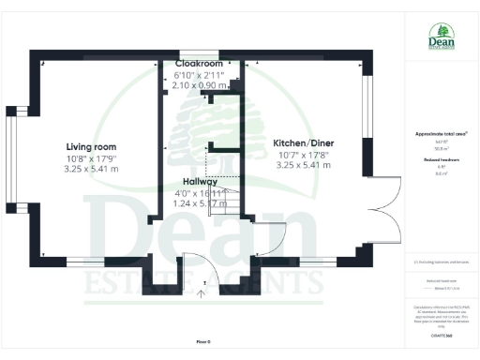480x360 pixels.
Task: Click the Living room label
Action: point(91,146)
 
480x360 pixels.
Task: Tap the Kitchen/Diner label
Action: point(305,142)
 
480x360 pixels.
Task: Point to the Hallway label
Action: point(202,183)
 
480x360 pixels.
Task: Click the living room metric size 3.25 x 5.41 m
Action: point(91,169)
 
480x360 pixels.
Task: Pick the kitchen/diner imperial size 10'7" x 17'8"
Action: point(305,155)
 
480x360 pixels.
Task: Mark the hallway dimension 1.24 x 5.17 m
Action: point(202,202)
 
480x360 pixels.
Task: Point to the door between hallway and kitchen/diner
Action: point(267,239)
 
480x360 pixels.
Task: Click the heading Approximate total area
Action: point(441,134)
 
